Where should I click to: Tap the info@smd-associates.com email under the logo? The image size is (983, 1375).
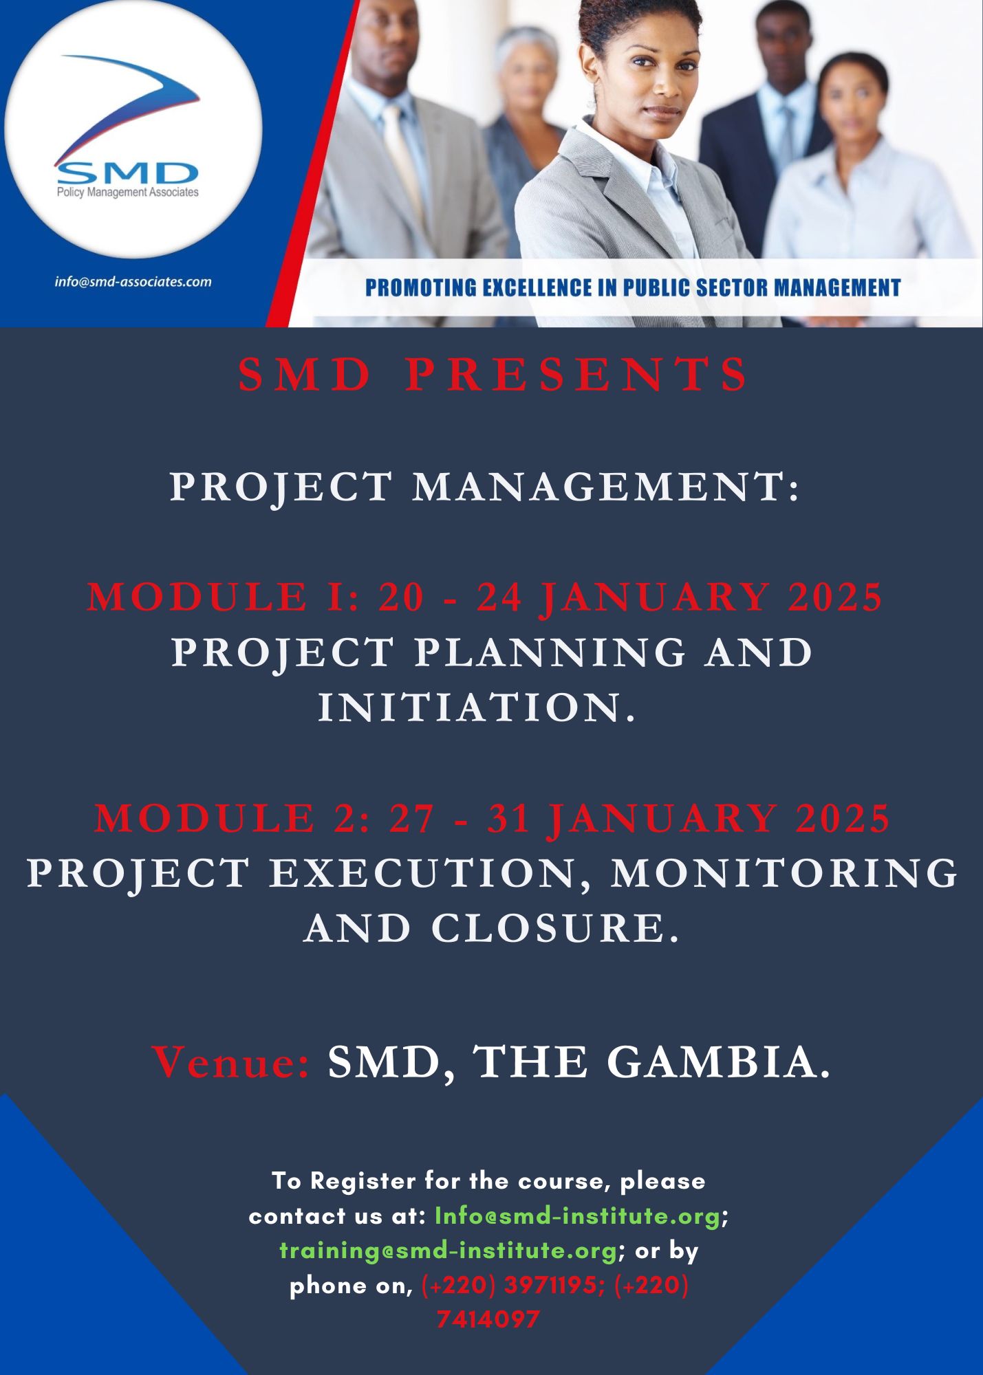click(x=133, y=281)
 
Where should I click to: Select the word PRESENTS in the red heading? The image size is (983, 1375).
click(x=576, y=375)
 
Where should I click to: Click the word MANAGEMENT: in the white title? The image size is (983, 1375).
click(x=606, y=487)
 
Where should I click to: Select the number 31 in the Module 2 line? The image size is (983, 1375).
click(x=509, y=818)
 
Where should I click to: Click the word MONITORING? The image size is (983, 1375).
click(x=784, y=873)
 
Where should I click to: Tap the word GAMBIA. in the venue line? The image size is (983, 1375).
click(x=718, y=1062)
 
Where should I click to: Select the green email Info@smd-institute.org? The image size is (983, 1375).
click(x=577, y=1216)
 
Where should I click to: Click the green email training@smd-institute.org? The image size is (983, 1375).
click(x=448, y=1251)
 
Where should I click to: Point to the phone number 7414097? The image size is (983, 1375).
click(x=488, y=1319)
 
